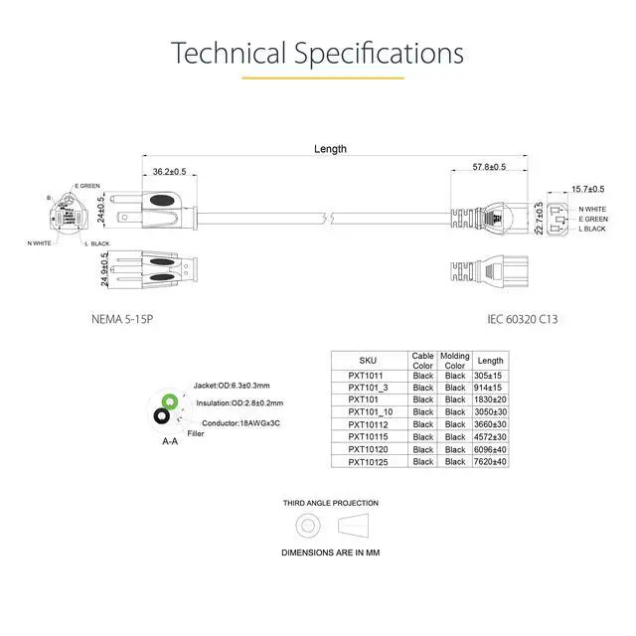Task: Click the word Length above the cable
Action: (330, 149)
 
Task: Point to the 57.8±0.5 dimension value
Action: (489, 167)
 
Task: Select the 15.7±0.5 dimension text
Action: (589, 189)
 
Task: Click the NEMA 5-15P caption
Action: (122, 319)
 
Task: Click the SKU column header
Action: (368, 361)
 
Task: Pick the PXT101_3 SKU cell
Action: (368, 388)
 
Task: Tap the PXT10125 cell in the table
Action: (368, 461)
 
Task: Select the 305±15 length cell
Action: (491, 376)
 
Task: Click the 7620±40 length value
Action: (491, 461)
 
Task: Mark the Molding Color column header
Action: (455, 361)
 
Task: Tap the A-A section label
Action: (170, 441)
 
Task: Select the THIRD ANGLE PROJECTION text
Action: (330, 503)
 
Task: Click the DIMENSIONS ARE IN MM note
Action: (330, 552)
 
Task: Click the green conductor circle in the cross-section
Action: (170, 402)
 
